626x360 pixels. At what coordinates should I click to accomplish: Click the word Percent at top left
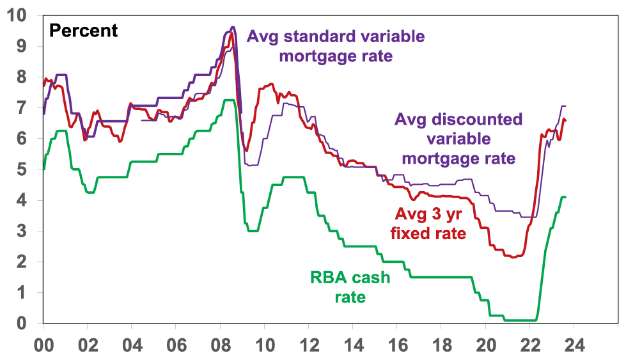click(x=83, y=31)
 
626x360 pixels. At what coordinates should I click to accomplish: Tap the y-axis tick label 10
click(x=20, y=15)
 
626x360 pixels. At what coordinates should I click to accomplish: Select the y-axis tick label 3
click(x=26, y=231)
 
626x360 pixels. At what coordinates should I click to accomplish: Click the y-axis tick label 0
click(x=26, y=324)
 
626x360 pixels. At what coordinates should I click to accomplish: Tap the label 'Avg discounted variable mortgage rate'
click(x=458, y=138)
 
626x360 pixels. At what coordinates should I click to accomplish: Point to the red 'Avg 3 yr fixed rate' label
click(x=428, y=223)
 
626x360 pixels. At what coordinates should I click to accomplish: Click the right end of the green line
click(x=566, y=197)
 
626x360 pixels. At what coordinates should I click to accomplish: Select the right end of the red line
click(x=566, y=120)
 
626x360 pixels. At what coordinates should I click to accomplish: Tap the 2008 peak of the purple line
click(x=232, y=27)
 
